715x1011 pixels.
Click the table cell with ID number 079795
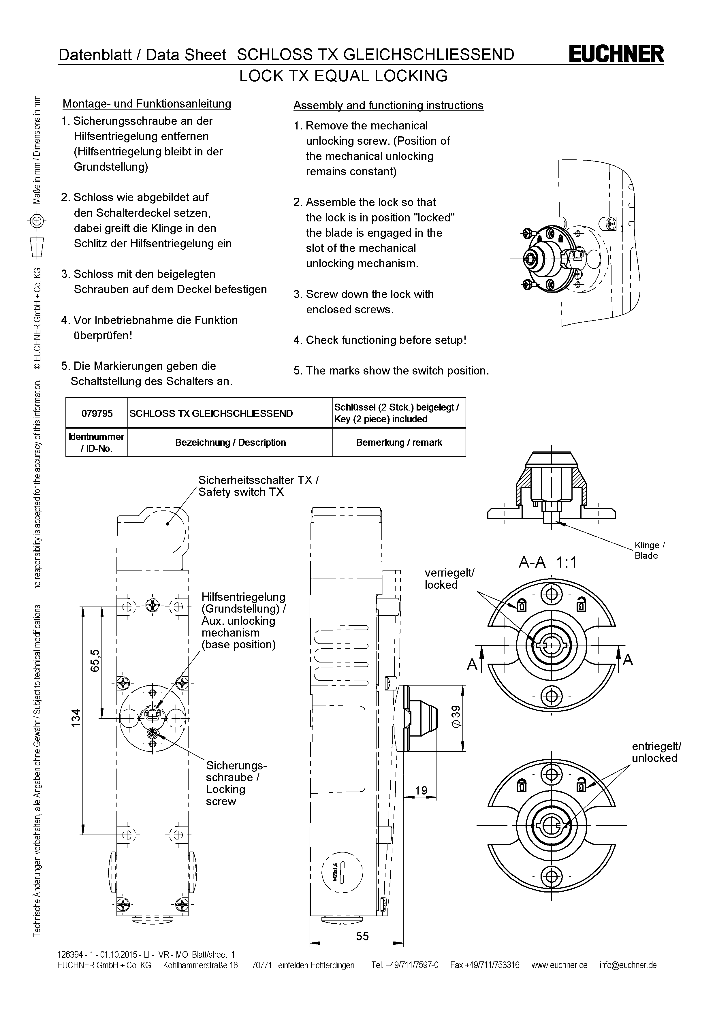tap(97, 413)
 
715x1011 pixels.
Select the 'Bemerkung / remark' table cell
tap(399, 443)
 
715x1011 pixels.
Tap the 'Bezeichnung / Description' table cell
tap(230, 443)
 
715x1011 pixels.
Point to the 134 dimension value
tap(76, 718)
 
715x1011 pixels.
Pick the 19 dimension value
tap(421, 790)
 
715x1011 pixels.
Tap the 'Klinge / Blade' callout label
tap(649, 550)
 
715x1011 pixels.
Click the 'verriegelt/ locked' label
tap(449, 579)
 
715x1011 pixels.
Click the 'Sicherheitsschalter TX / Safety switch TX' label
tap(258, 486)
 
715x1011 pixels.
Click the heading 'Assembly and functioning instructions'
tap(388, 106)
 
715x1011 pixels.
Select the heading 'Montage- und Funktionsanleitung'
tap(147, 104)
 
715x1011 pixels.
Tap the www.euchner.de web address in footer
tap(559, 965)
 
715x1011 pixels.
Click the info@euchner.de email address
tap(628, 965)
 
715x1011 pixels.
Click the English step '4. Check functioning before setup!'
tap(379, 340)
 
